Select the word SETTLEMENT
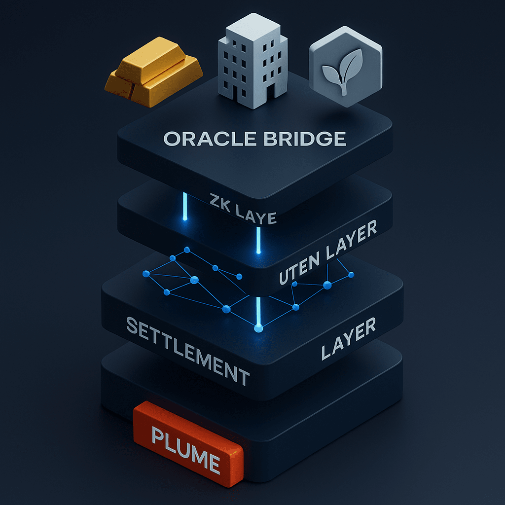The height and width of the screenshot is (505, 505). [x=188, y=351]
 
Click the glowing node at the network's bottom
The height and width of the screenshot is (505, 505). [x=257, y=327]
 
